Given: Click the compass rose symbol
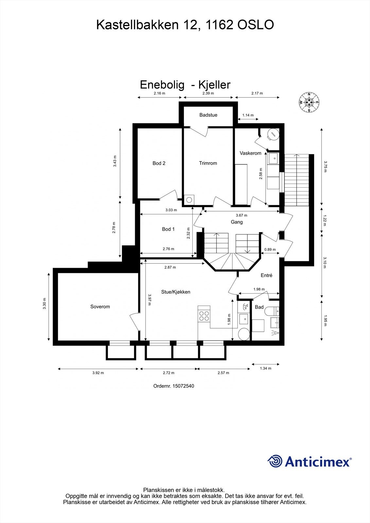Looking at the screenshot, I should [309, 102].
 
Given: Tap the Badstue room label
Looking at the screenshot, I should [208, 115].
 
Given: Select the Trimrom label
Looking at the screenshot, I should [208, 163].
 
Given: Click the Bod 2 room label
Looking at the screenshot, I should [159, 163].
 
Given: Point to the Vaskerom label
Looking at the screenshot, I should [250, 153].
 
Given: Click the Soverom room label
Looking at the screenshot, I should [100, 307].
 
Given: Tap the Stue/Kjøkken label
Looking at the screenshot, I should [176, 292].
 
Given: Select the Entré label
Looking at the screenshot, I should [266, 275].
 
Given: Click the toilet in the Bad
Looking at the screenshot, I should [271, 311].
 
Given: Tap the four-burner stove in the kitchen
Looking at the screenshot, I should [204, 315].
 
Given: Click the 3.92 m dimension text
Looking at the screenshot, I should [98, 373].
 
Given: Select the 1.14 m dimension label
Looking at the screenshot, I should [248, 115].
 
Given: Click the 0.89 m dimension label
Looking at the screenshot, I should [270, 249].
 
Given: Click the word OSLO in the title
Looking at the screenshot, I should [255, 25].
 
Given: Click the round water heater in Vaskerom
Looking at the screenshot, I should [273, 134].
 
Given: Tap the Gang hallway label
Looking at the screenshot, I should [237, 222].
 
